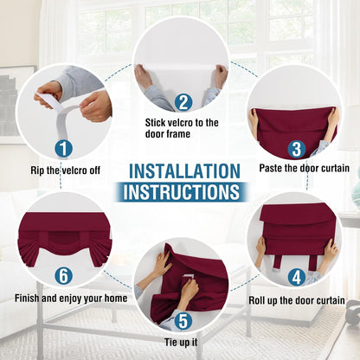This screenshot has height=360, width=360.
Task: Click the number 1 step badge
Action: [x=63, y=148]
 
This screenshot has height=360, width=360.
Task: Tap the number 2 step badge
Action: [x=182, y=101]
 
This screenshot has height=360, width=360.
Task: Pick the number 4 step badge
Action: [x=296, y=278]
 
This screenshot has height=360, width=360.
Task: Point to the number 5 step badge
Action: [x=182, y=321]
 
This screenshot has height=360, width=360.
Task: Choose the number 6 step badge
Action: [x=63, y=278]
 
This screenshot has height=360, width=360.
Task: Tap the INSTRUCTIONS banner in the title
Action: [x=180, y=191]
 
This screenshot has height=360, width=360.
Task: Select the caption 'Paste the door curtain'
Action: [x=304, y=168]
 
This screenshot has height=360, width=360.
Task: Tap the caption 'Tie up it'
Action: [x=182, y=343]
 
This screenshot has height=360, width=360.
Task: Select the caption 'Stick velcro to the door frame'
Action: [x=182, y=128]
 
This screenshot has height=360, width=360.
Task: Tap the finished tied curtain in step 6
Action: [x=64, y=234]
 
